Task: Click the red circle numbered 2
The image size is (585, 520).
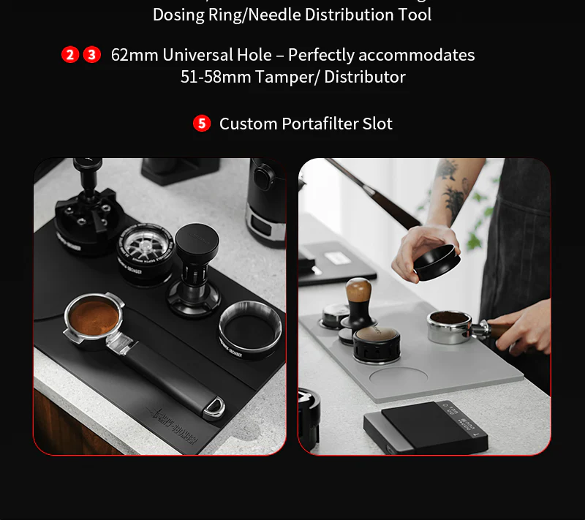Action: point(70,55)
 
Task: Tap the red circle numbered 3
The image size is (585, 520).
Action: point(92,55)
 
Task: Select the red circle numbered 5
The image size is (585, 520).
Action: point(202,124)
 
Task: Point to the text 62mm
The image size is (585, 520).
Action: point(135,55)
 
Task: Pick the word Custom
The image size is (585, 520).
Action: point(248,124)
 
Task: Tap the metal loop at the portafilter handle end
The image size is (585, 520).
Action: point(214,407)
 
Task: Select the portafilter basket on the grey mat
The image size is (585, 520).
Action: point(450,326)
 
